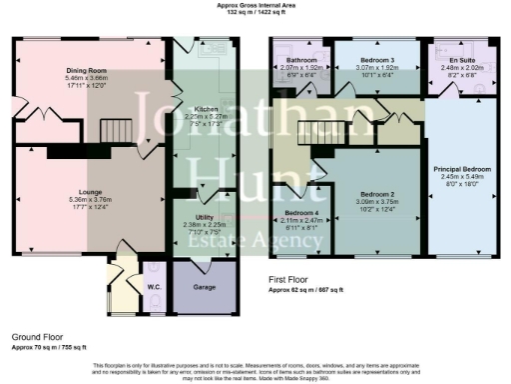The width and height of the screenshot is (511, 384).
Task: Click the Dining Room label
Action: pos(87,70)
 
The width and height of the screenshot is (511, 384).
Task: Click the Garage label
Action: pos(204,284)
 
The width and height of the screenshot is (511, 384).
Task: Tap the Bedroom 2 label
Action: pos(377,193)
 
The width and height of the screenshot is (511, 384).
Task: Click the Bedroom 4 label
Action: pos(301,214)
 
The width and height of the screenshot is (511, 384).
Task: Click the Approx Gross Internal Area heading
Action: pos(256,5)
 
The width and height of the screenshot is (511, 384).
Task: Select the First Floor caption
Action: pos(291,281)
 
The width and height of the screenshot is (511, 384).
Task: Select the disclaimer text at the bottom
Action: pos(255,370)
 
